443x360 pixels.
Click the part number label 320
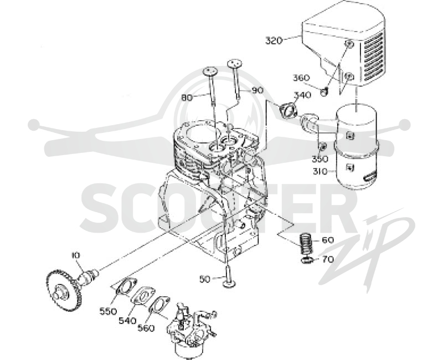tap(274, 40)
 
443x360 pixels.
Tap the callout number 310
tap(320, 172)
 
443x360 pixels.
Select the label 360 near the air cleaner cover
tap(301, 78)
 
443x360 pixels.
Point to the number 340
tap(302, 95)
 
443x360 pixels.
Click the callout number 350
tap(320, 159)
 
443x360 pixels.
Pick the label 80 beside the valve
tap(187, 98)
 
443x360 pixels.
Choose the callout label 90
tap(257, 90)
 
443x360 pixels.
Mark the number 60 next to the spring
tap(328, 240)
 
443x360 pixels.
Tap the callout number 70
tap(328, 259)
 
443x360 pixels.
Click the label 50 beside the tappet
tap(205, 279)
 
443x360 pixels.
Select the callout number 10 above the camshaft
tap(76, 255)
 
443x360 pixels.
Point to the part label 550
tap(108, 311)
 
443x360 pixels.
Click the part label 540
tap(127, 321)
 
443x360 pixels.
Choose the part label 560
tap(146, 328)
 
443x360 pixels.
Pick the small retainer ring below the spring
tap(306, 260)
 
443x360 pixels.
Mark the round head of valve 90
tap(235, 63)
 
